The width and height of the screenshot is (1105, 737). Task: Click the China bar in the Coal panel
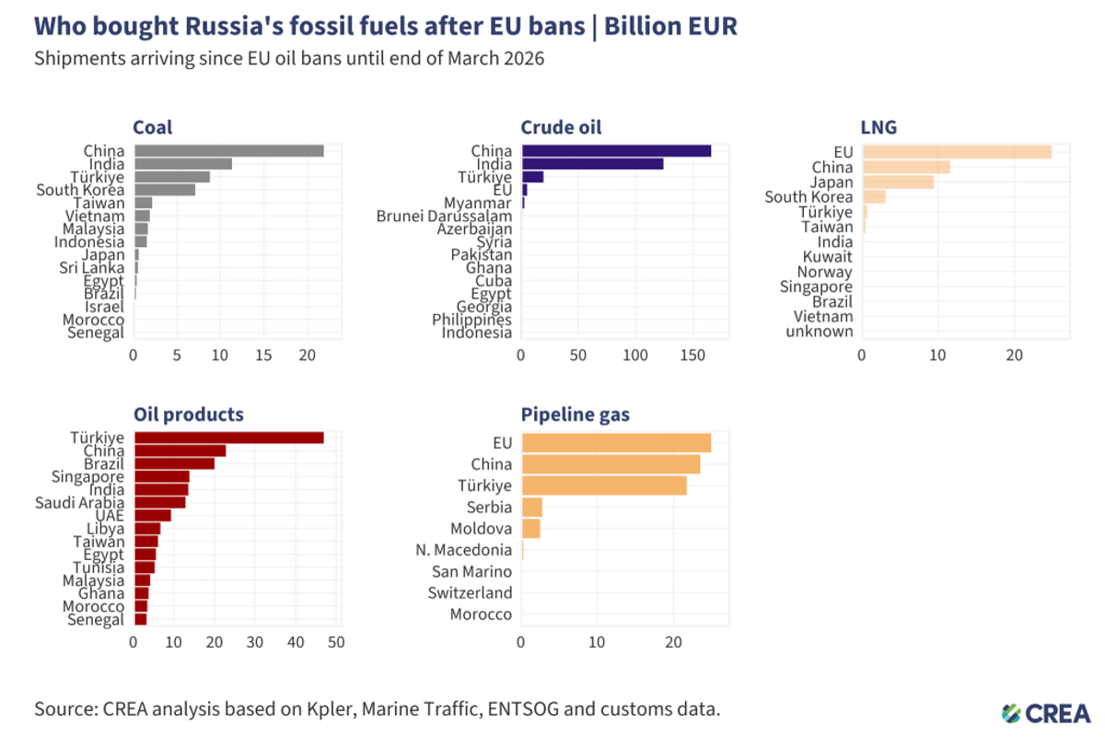pos(228,150)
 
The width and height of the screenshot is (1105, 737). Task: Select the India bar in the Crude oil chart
pos(592,164)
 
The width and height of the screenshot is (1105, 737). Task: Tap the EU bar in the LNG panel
pos(957,151)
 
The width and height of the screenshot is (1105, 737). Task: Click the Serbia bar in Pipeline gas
pos(532,508)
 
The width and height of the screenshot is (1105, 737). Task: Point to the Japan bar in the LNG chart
pos(898,181)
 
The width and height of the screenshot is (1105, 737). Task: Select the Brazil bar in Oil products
pos(174,463)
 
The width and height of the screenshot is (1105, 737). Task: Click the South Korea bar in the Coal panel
pos(165,190)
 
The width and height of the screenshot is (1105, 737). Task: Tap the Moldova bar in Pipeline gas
pos(531,529)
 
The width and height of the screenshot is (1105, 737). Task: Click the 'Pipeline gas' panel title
pos(576,415)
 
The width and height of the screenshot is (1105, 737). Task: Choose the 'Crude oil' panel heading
pos(562,127)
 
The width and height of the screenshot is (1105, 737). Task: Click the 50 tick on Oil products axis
pos(336,642)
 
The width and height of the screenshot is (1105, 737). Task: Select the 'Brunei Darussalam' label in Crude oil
pos(444,216)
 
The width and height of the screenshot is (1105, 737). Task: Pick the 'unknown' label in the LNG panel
pos(820,332)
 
